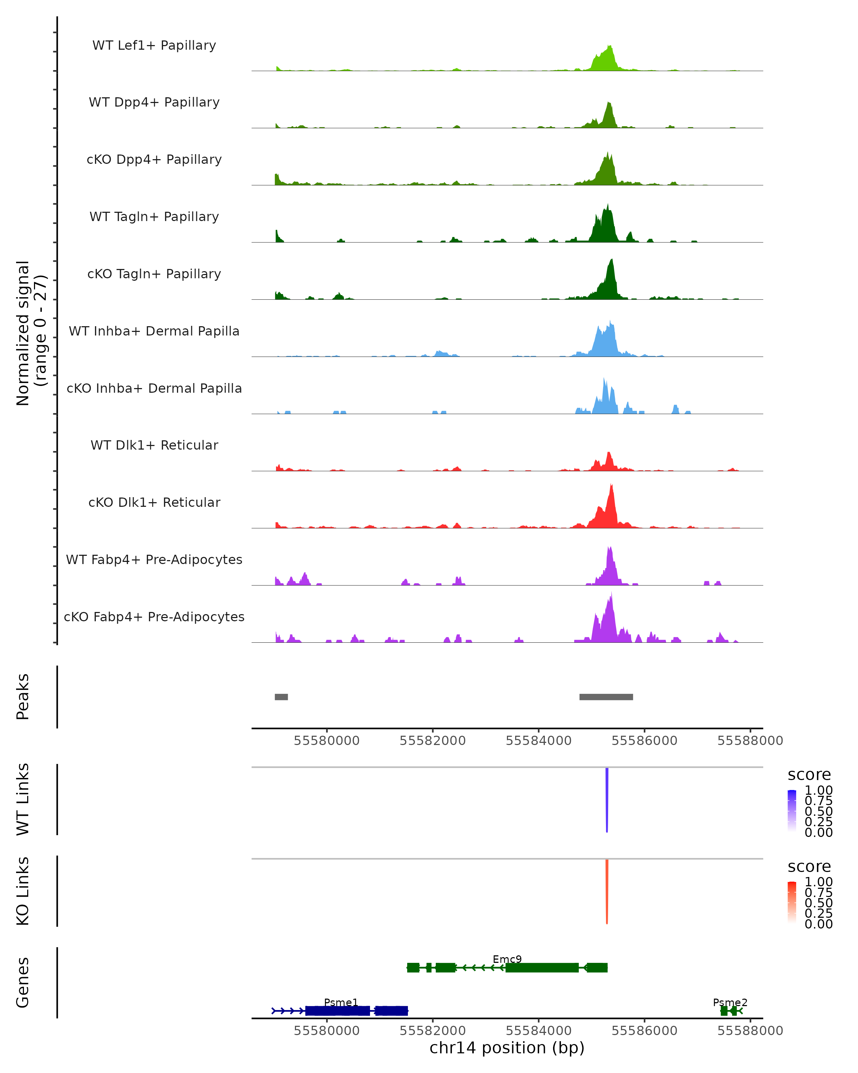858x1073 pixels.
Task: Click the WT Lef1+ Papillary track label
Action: tap(154, 45)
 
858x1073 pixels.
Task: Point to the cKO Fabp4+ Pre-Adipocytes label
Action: tap(154, 617)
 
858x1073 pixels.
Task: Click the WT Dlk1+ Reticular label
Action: tap(154, 445)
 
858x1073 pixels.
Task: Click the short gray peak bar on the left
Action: tap(281, 697)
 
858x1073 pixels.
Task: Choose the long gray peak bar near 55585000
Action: tap(606, 697)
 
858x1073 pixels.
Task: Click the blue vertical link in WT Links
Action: tap(607, 799)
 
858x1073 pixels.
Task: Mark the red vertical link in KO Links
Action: tap(607, 891)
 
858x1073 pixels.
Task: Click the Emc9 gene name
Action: tap(507, 959)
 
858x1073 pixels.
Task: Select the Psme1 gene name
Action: tap(341, 1002)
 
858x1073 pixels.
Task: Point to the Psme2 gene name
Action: tap(730, 1002)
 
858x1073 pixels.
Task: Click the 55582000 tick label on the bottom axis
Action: tap(432, 1030)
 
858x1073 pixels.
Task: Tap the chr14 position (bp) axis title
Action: tap(507, 1048)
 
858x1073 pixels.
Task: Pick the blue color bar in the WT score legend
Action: tap(792, 810)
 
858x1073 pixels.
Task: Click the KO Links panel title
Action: tap(23, 891)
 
